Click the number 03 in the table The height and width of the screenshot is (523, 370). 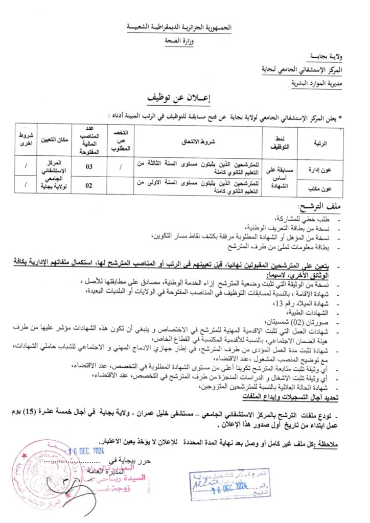[x=89, y=166]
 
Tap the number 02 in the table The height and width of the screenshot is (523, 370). [x=89, y=185]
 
